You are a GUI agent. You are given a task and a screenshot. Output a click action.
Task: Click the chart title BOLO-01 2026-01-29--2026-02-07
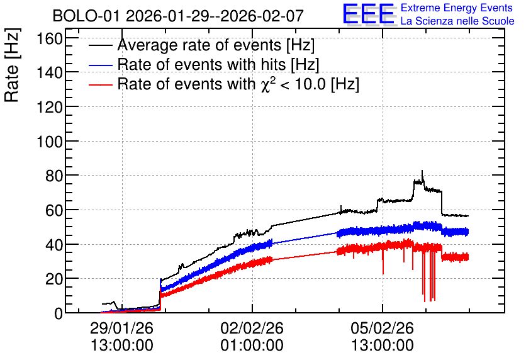(x=178, y=16)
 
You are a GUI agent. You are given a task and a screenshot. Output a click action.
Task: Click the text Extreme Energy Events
(x=457, y=8)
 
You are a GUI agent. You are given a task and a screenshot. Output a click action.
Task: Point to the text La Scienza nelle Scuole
(x=457, y=21)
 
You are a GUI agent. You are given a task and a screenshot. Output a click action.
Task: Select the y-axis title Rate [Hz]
(x=12, y=65)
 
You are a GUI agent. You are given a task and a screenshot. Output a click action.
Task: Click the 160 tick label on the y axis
(x=50, y=38)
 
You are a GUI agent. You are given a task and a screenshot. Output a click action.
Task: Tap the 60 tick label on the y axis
(x=54, y=210)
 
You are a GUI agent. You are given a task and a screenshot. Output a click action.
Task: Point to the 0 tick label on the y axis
(x=59, y=313)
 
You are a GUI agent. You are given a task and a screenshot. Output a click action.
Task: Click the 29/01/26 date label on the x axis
(x=121, y=328)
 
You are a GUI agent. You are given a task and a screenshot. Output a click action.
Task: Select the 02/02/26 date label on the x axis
(x=252, y=328)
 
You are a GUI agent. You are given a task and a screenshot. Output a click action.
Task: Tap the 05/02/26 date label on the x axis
(x=383, y=328)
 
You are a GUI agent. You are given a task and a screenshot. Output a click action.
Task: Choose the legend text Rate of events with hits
(x=218, y=64)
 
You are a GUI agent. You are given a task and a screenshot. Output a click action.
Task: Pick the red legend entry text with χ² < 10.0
(x=238, y=84)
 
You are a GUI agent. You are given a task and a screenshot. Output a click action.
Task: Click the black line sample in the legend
(x=100, y=45)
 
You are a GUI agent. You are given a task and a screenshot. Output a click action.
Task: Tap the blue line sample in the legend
(x=100, y=65)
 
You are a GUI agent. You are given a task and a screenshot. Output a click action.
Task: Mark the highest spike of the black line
(x=422, y=171)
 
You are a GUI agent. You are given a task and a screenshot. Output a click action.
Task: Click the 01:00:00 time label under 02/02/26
(x=252, y=346)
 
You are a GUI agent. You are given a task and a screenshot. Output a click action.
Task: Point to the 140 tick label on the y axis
(x=50, y=72)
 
